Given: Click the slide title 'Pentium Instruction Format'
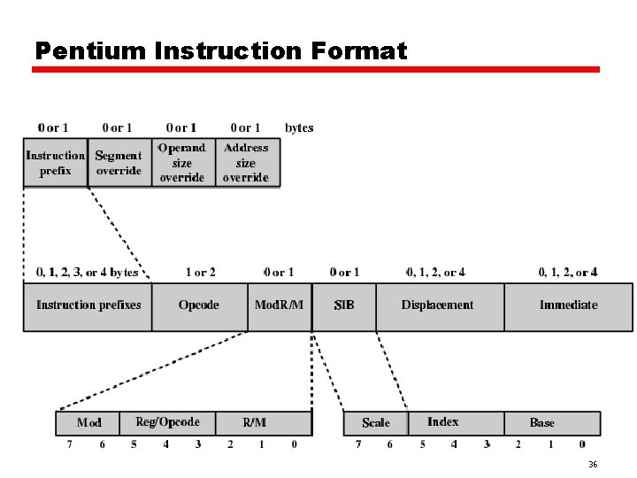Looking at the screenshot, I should pos(220,51).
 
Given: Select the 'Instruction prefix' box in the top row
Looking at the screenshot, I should pos(55,163).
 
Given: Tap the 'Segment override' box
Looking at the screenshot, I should pos(119,163).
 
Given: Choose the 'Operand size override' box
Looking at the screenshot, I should pos(181,163).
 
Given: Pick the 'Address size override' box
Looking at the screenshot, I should pos(246,163).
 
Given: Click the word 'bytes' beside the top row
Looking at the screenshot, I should pos(299,128).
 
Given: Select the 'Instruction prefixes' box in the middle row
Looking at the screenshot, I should pos(88,305).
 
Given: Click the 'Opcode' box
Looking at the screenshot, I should pos(198,305).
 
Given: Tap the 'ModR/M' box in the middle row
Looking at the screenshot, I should pos(279,305).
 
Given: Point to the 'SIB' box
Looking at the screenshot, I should pos(344,305).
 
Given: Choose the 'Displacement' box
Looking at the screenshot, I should pos(438,305).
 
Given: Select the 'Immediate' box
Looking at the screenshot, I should pos(568,305).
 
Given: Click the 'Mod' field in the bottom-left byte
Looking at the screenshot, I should pos(88,423).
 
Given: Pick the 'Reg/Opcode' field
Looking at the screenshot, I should pos(167,423).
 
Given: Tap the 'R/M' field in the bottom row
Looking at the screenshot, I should pos(254,423).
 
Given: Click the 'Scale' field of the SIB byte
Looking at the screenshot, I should pos(376,423).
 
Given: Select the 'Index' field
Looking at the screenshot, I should pos(443,423).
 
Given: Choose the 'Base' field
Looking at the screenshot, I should pos(542,423).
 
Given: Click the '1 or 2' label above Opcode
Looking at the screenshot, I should pos(200,273).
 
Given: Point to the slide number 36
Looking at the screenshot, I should pos(593,465).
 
